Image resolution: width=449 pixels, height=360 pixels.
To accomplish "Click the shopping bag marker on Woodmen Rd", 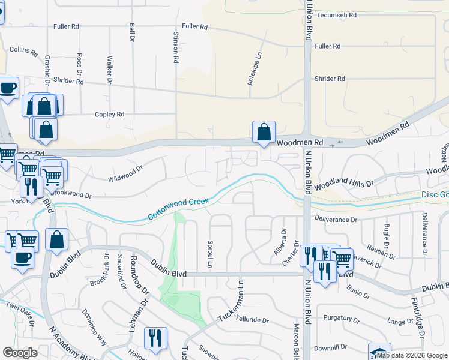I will point(264,131).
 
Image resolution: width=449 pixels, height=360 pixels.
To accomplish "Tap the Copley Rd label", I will point(109,114).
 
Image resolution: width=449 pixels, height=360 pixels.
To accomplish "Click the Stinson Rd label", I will point(176,48).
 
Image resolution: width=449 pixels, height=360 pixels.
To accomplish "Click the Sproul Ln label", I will point(210,256).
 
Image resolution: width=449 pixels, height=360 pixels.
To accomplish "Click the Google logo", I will point(20,352).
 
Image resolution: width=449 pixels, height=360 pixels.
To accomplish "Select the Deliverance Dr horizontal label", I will point(336,220).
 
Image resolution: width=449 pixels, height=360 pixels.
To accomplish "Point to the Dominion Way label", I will point(94,326).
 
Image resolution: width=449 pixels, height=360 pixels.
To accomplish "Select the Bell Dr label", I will point(131,32).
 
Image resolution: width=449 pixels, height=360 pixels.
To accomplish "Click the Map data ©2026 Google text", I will point(412,355).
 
